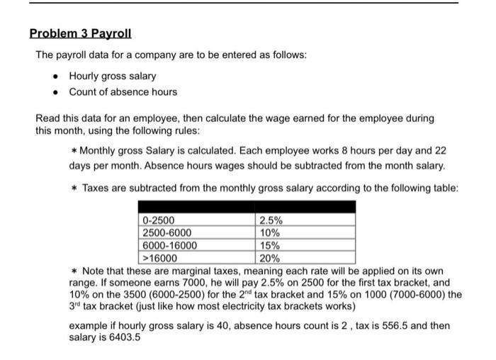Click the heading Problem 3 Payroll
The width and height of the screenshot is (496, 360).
tap(80, 33)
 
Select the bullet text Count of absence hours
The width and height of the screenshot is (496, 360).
tap(123, 91)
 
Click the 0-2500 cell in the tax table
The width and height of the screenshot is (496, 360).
tap(158, 220)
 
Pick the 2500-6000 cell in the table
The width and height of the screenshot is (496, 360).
tap(167, 232)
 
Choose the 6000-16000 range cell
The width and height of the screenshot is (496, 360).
tap(170, 245)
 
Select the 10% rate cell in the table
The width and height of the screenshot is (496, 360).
tap(270, 232)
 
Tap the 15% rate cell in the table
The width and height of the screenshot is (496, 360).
tap(270, 245)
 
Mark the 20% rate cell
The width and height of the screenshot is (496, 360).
tap(270, 258)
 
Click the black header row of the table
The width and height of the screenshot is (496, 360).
tap(246, 207)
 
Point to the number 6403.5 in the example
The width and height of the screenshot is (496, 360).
tap(124, 337)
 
